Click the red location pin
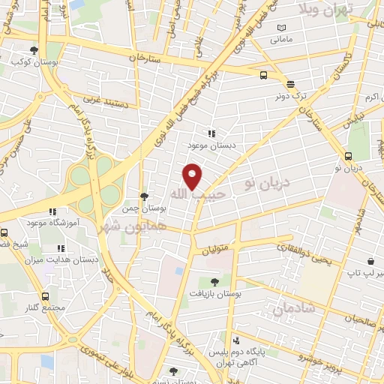193,176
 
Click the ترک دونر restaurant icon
290,84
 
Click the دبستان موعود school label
201,144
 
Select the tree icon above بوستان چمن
144,196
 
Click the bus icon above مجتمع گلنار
47,296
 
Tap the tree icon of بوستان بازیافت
216,281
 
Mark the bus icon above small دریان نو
348,156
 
